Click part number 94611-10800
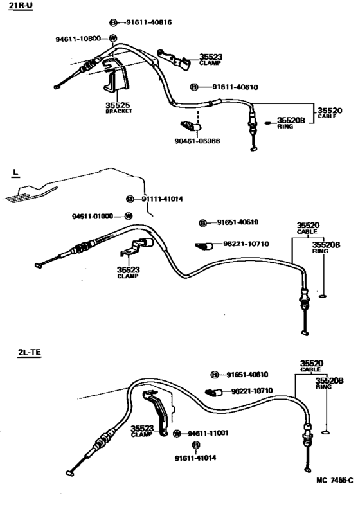pos(78,39)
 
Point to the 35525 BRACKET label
pos(118,107)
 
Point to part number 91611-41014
pos(196,458)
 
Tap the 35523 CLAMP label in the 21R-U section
pos(210,59)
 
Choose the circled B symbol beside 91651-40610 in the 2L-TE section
pos(215,375)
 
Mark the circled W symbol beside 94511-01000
pos(128,216)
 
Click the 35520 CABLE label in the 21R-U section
pos(330,113)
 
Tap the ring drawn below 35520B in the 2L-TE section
pos(326,432)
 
